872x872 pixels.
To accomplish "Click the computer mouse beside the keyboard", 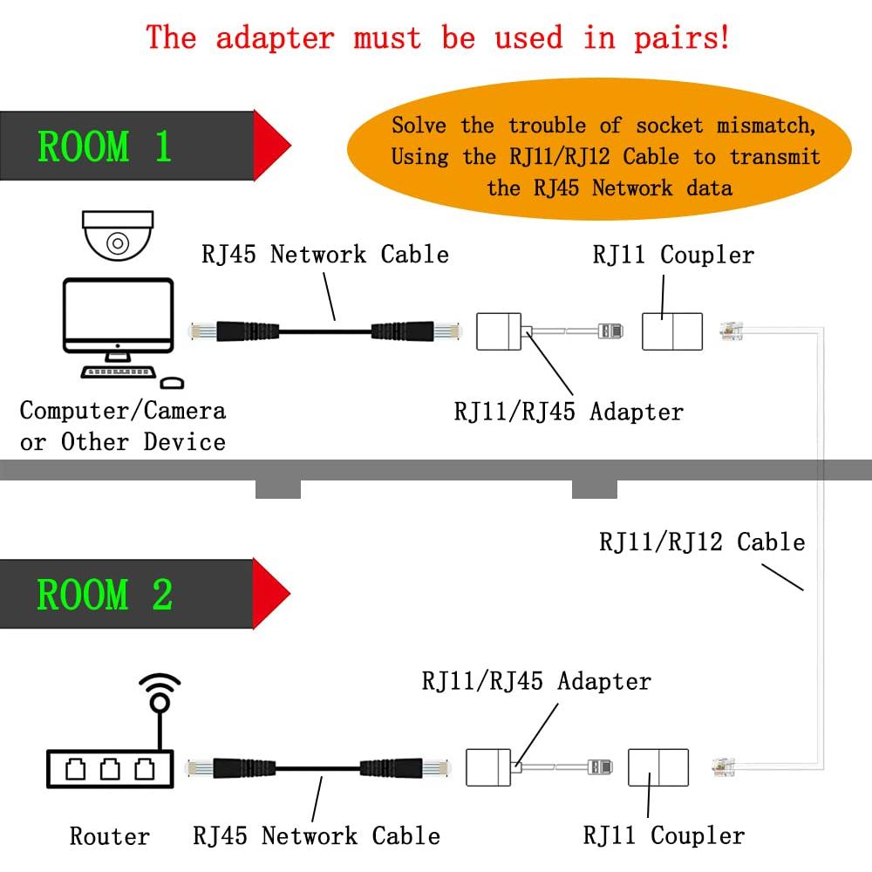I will click(173, 382).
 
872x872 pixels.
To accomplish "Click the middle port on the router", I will click(109, 769).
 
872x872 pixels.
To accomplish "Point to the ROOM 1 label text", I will click(105, 146).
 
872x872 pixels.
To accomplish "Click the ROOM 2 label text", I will click(105, 595).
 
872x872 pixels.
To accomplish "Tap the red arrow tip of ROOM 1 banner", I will click(272, 144).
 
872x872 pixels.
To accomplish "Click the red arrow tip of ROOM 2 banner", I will click(272, 593).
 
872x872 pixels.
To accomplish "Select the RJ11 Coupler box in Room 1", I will click(671, 331).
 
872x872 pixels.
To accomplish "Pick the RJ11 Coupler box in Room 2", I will click(658, 766).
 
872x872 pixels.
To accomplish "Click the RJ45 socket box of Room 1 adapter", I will click(498, 332).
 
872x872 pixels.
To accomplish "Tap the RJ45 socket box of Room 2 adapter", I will click(487, 766).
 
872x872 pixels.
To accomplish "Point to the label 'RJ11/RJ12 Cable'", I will click(701, 542).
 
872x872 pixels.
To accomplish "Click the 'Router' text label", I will click(109, 836).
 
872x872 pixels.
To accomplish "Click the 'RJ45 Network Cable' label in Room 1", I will click(324, 255).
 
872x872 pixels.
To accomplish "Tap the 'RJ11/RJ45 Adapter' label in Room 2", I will click(536, 680).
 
